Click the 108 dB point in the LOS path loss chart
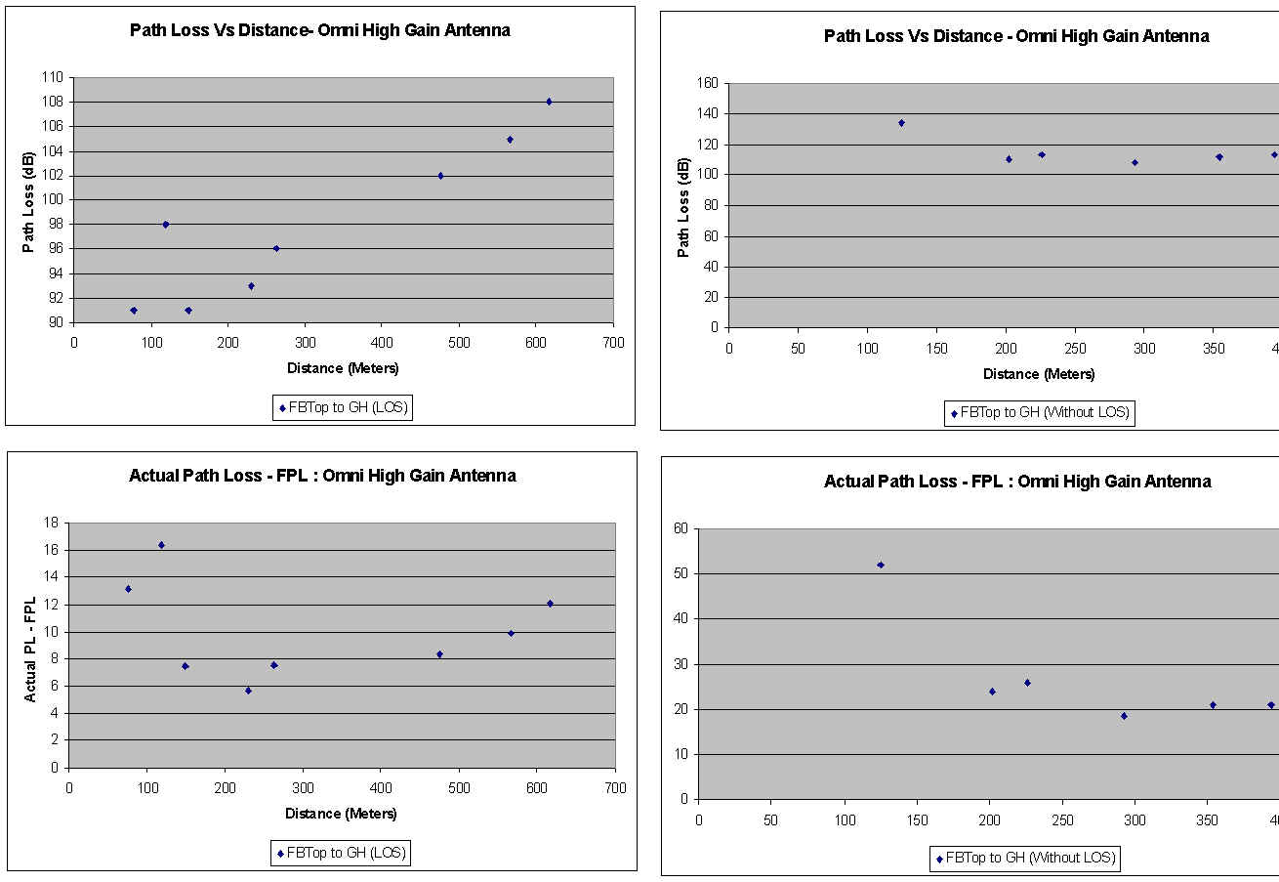click(549, 102)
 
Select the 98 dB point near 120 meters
click(165, 225)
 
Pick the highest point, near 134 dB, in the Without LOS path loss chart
click(901, 123)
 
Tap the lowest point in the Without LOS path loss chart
click(1135, 162)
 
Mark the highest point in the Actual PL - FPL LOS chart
click(161, 545)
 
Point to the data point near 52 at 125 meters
click(881, 565)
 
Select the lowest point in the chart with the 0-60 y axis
click(1124, 716)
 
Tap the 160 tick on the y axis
click(708, 83)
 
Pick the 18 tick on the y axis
click(51, 523)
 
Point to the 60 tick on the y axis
click(681, 528)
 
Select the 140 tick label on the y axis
click(708, 113)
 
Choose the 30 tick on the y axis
click(681, 664)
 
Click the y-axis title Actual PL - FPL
click(30, 650)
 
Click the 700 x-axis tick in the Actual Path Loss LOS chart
click(615, 786)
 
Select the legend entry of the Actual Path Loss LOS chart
click(341, 853)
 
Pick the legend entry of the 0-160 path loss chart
click(1039, 412)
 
